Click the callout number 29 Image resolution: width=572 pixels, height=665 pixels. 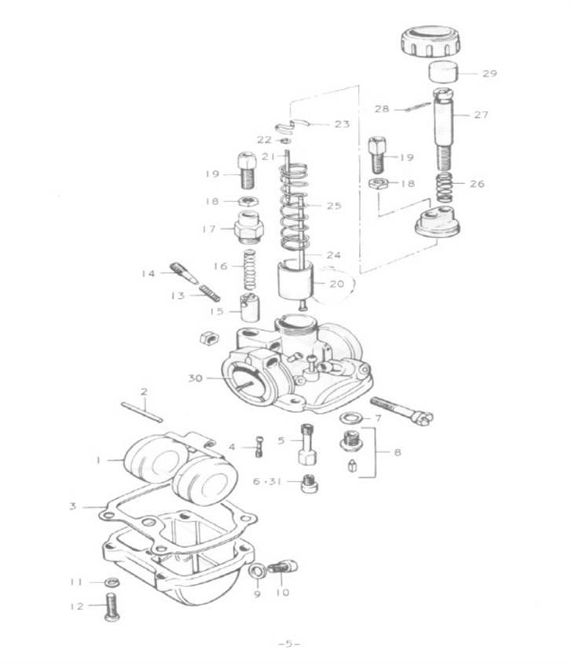point(489,73)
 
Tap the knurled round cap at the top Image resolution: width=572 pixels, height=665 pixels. point(431,42)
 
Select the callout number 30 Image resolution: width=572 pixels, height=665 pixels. point(196,377)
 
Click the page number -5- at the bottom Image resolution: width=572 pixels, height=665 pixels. point(289,644)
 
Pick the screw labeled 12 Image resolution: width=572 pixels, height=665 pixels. point(111,608)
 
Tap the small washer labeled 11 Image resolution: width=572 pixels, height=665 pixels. point(112,582)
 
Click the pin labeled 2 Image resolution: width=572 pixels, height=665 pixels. point(141,412)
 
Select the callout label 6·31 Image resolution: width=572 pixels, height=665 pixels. point(267,481)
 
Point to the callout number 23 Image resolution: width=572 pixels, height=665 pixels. point(343,124)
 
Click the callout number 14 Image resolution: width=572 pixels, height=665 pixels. point(148,274)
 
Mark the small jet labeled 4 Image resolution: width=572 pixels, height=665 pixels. point(259,446)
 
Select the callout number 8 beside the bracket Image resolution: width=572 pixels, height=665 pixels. point(398,452)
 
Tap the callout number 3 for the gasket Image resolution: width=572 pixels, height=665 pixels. point(73,506)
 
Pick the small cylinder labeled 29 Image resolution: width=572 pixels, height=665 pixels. point(443,72)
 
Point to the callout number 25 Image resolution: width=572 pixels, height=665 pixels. point(334,206)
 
